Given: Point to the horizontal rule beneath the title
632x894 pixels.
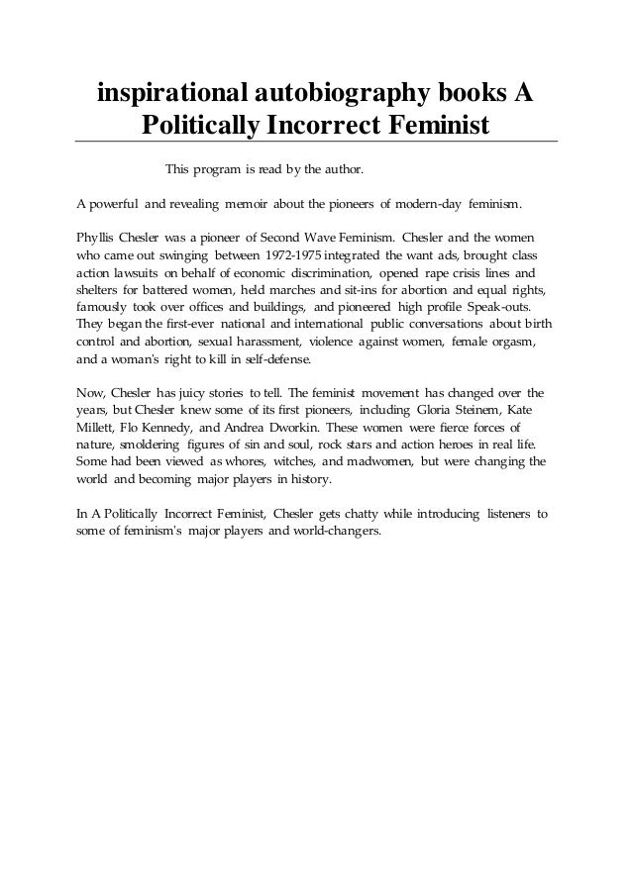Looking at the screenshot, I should tap(316, 142).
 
